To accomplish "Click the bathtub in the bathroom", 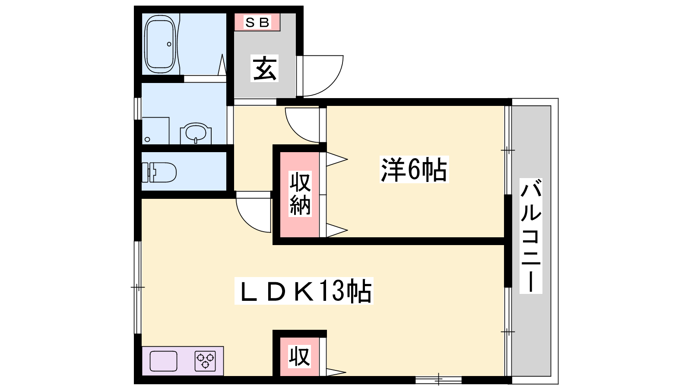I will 160,44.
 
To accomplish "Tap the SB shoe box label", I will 257,22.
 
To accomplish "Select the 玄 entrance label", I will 265,69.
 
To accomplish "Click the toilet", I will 159,172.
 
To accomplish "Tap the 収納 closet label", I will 300,194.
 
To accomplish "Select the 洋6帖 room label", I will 414,169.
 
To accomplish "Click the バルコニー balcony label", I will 531,236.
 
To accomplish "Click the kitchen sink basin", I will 163,360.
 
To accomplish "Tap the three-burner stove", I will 205,361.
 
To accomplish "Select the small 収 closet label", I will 300,357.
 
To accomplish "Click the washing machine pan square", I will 155,131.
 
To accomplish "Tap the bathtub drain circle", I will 169,44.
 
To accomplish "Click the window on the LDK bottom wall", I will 438,380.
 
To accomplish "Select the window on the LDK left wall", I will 137,287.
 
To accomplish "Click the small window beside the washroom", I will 137,108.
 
